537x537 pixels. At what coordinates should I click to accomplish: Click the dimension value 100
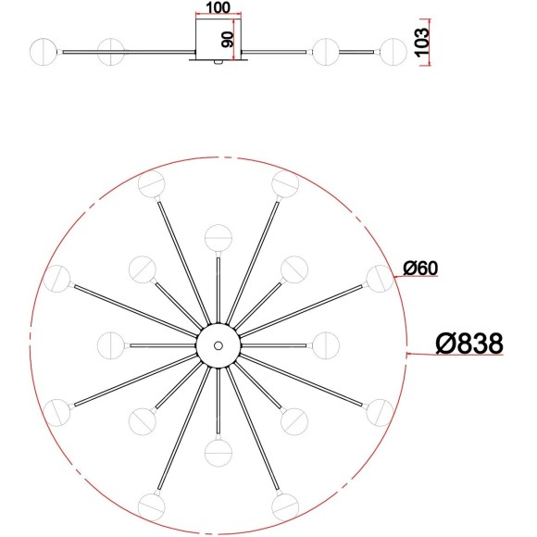[219, 7]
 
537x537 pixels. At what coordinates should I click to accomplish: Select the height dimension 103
[423, 41]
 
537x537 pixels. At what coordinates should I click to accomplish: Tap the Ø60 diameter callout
[419, 268]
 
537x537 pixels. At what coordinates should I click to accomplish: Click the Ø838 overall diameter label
[468, 343]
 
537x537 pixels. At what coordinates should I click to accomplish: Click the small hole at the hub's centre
[219, 345]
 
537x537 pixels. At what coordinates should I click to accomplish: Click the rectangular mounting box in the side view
[219, 42]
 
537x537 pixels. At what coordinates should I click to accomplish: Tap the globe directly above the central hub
[219, 237]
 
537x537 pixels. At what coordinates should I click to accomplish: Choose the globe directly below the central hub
[219, 453]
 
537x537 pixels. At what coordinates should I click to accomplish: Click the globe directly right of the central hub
[326, 344]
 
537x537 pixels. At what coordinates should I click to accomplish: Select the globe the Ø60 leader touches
[378, 277]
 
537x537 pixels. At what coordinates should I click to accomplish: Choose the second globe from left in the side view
[110, 51]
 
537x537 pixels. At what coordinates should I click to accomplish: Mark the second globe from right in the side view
[326, 51]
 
